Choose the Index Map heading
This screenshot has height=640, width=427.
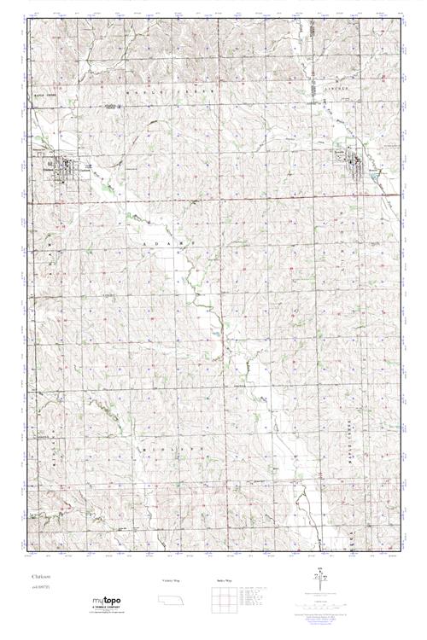[221, 579]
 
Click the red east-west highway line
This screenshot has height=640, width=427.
[213, 196]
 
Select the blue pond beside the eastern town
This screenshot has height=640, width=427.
[373, 176]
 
